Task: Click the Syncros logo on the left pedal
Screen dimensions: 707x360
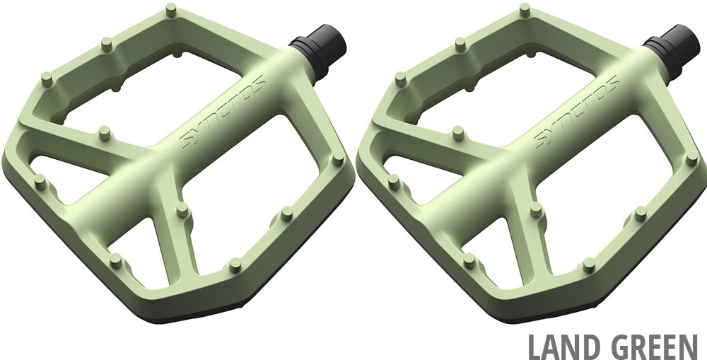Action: pos(223,112)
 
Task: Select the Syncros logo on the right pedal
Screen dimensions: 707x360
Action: pos(577,112)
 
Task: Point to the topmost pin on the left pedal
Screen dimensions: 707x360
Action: pos(171,9)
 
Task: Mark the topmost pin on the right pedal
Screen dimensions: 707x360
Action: pos(525,9)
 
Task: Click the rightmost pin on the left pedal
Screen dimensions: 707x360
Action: pos(338,158)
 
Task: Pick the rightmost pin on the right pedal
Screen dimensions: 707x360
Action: pos(691,158)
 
